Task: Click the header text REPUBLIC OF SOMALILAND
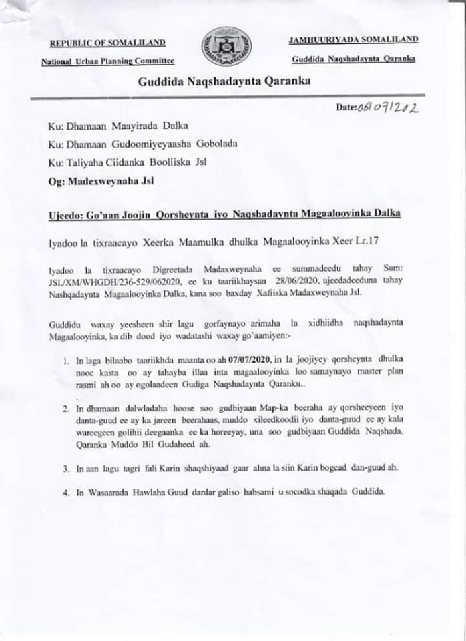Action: click(107, 43)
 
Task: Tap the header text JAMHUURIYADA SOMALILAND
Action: click(353, 41)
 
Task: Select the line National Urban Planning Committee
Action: click(107, 61)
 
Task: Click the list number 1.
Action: click(66, 361)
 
